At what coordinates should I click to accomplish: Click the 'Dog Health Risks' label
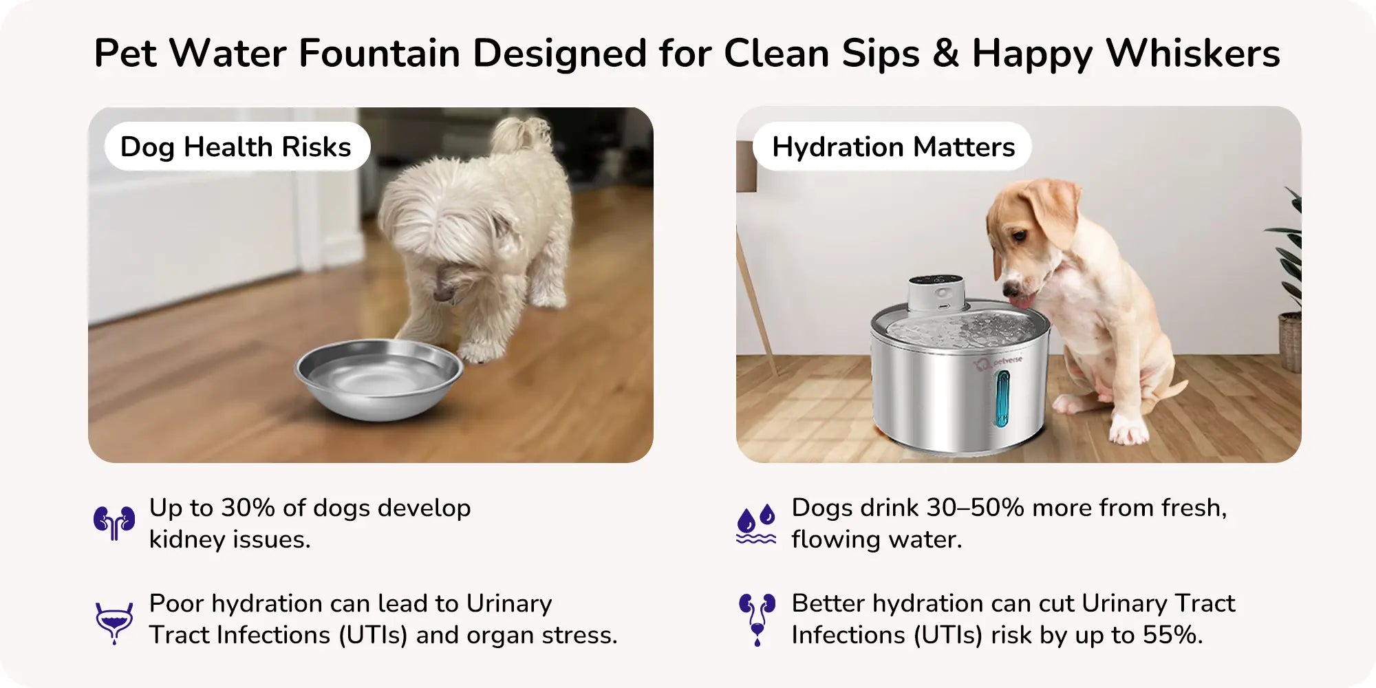pos(236,147)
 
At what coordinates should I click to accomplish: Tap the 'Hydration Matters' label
pos(893,147)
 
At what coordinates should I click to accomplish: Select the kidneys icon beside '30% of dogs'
pos(114,523)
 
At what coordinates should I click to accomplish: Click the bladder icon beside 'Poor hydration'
pos(114,621)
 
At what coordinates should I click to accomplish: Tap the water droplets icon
pos(756,524)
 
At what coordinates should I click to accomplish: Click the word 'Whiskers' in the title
pos(1193,53)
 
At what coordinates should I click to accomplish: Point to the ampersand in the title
pos(945,53)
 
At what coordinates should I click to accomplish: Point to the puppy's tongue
pos(1022,301)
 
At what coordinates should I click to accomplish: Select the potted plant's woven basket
pos(1290,341)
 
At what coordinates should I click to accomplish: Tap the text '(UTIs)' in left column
pos(372,634)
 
